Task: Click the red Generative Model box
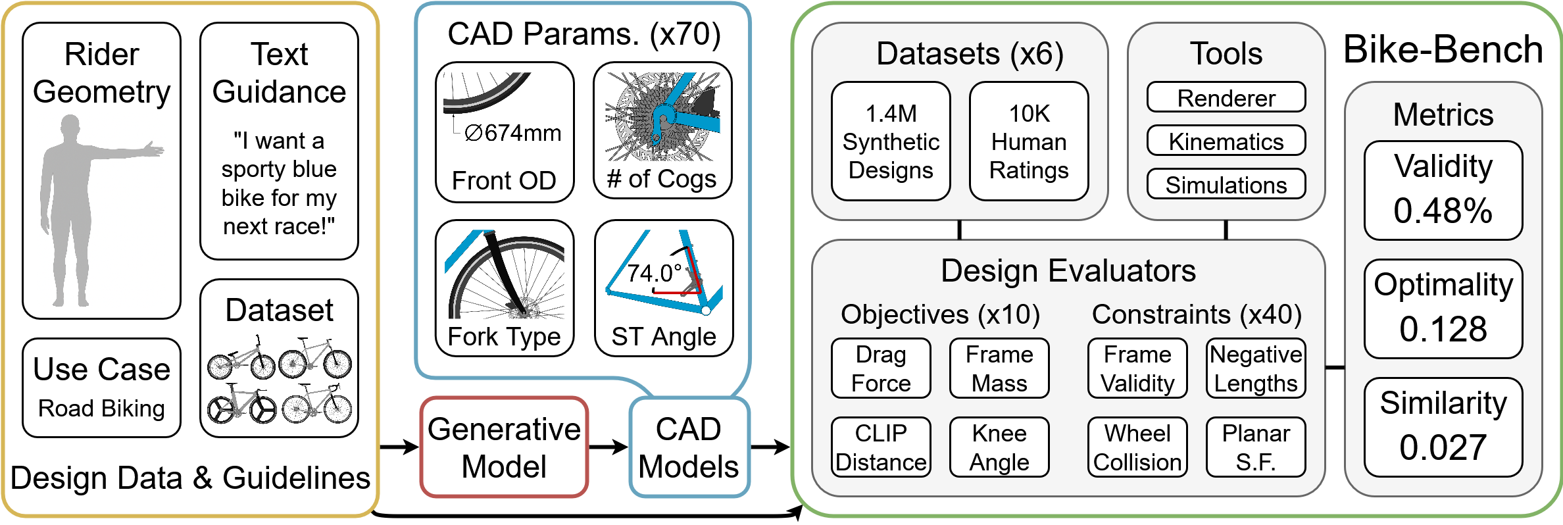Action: coord(504,447)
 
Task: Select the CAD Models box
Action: coord(689,447)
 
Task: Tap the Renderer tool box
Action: coord(1226,98)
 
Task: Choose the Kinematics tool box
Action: coord(1226,141)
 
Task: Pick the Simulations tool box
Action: coord(1226,185)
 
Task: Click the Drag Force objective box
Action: coord(881,368)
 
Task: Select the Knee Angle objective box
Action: coord(999,447)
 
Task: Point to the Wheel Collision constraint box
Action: coord(1137,447)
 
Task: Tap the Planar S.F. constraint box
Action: coord(1256,447)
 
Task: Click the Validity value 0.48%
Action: coord(1443,211)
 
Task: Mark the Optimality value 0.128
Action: coord(1443,329)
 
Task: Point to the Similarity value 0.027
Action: coord(1443,447)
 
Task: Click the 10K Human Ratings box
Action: coord(1029,141)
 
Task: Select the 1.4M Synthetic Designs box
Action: coord(891,141)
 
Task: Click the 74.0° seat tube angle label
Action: coord(654,272)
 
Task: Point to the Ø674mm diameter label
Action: coord(512,134)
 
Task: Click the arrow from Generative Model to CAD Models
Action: coord(608,447)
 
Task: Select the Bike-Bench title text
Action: coord(1443,50)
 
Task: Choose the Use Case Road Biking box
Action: coord(101,388)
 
